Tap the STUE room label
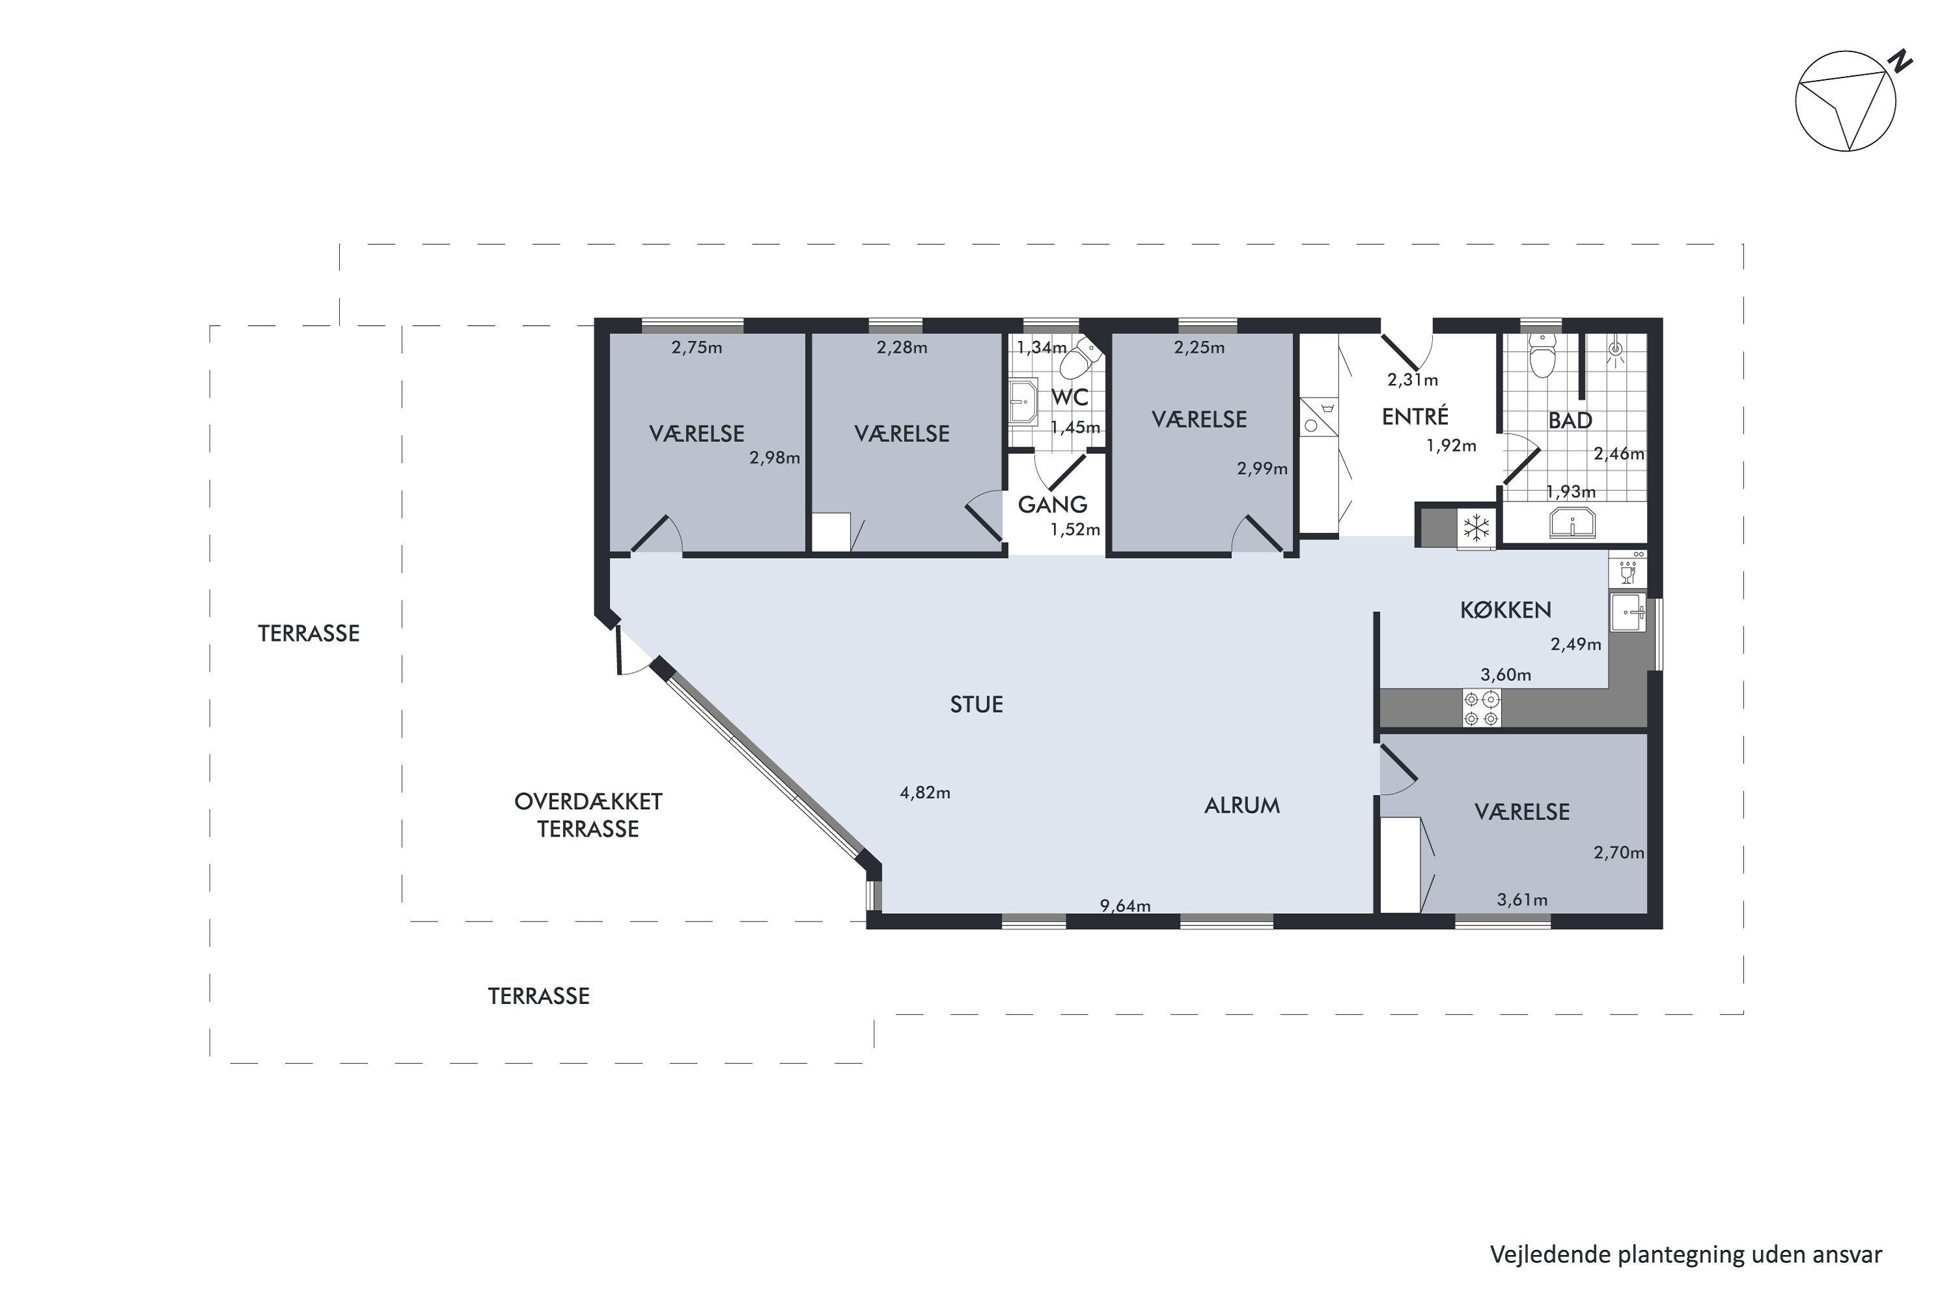pos(976,705)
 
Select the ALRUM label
pos(1242,805)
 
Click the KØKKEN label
pos(1505,611)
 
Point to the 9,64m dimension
pos(1125,906)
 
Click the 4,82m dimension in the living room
pos(925,793)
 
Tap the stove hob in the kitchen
pos(1482,708)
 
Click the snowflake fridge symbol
pos(1476,527)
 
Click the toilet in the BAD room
pos(1542,355)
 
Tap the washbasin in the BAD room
pos(1572,524)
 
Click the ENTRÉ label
pos(1415,416)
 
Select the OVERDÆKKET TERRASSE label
pos(588,816)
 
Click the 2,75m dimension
pos(697,348)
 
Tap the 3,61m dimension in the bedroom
pos(1522,899)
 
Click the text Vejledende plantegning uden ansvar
pos(1685,1254)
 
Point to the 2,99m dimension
pos(1262,468)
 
